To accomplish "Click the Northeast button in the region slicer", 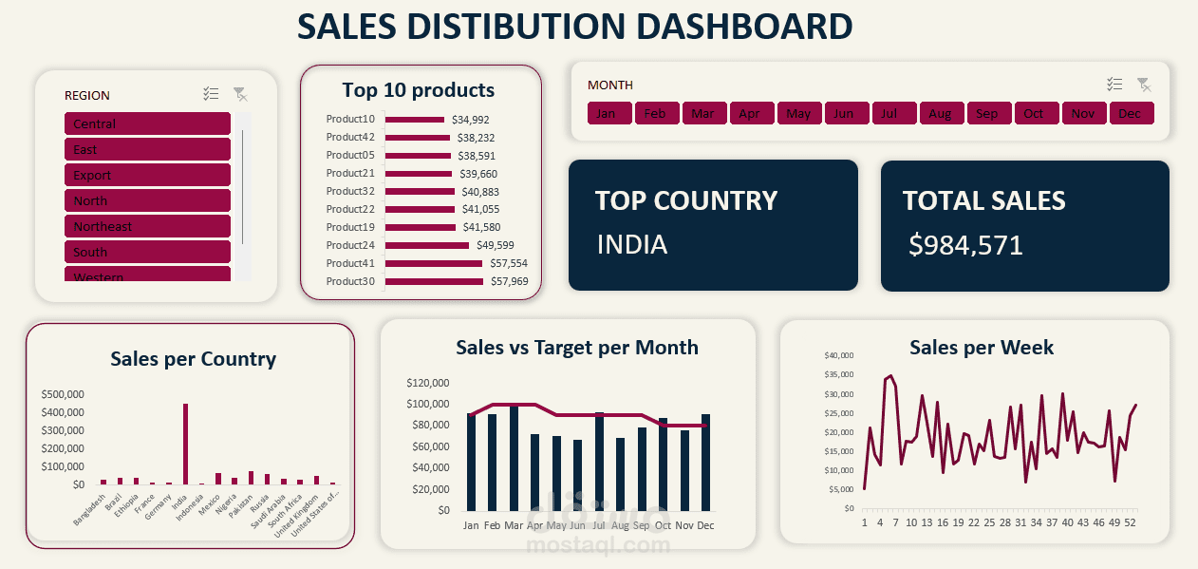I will pyautogui.click(x=147, y=226).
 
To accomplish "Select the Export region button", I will pyautogui.click(x=147, y=175).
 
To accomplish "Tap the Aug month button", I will pyautogui.click(x=941, y=114).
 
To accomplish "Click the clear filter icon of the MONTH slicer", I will pyautogui.click(x=1144, y=85).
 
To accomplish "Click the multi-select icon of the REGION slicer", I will pyautogui.click(x=211, y=94).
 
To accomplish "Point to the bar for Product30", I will pyautogui.click(x=434, y=281).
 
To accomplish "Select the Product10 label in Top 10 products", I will pyautogui.click(x=350, y=120).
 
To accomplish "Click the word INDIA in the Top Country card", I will pyautogui.click(x=632, y=245).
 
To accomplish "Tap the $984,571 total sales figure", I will pyautogui.click(x=965, y=246).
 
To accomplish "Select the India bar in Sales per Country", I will pyautogui.click(x=185, y=445).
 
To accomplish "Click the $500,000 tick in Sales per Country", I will pyautogui.click(x=63, y=394).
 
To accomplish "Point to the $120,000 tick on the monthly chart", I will pyautogui.click(x=427, y=384).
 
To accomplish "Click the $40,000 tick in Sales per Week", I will pyautogui.click(x=839, y=355).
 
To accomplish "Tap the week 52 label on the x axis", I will pyautogui.click(x=1132, y=522).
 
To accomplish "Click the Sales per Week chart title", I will pyautogui.click(x=982, y=348).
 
